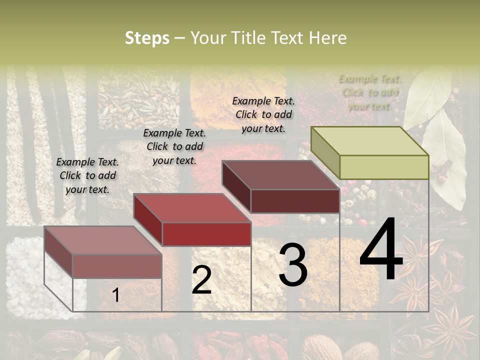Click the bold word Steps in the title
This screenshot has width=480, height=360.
click(x=147, y=38)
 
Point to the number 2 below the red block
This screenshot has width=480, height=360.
click(x=201, y=280)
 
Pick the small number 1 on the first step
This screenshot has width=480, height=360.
click(x=116, y=295)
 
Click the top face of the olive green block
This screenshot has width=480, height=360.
click(x=369, y=141)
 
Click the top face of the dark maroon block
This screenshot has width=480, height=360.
click(x=280, y=175)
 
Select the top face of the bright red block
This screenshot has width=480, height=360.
click(x=191, y=208)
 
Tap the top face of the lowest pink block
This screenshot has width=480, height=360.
click(x=102, y=240)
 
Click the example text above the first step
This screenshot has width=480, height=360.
click(x=87, y=175)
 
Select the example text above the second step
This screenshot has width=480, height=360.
click(x=174, y=146)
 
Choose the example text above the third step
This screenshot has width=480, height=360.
click(x=263, y=114)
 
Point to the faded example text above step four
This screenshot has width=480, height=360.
click(x=370, y=92)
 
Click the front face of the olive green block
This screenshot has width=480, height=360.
click(x=384, y=167)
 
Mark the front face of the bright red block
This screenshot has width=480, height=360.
click(x=206, y=234)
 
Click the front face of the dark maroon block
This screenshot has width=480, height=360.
click(x=295, y=201)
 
